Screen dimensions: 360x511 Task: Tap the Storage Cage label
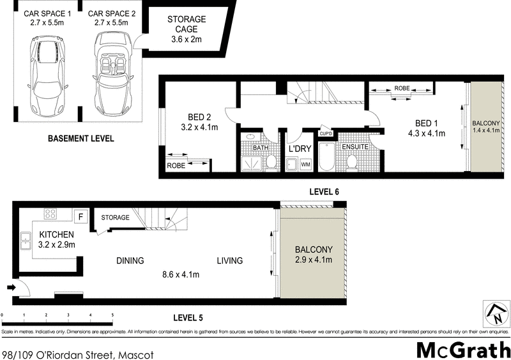(187, 29)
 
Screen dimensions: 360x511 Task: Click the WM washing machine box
(305, 165)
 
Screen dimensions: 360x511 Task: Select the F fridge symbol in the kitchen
(80, 215)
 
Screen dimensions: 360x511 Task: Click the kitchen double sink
(26, 241)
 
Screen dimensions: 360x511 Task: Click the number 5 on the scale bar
(112, 315)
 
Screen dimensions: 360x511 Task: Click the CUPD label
(326, 133)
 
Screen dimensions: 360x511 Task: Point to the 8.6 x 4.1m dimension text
(180, 275)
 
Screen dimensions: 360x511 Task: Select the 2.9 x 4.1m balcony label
(313, 260)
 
